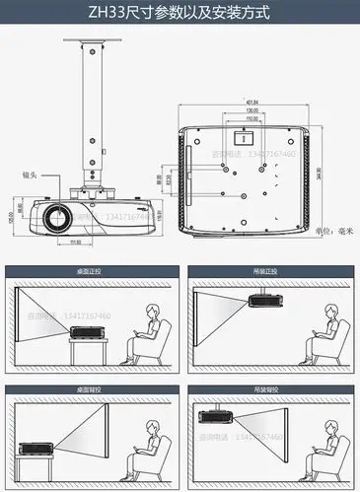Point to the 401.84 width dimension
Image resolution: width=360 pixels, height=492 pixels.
252,102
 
